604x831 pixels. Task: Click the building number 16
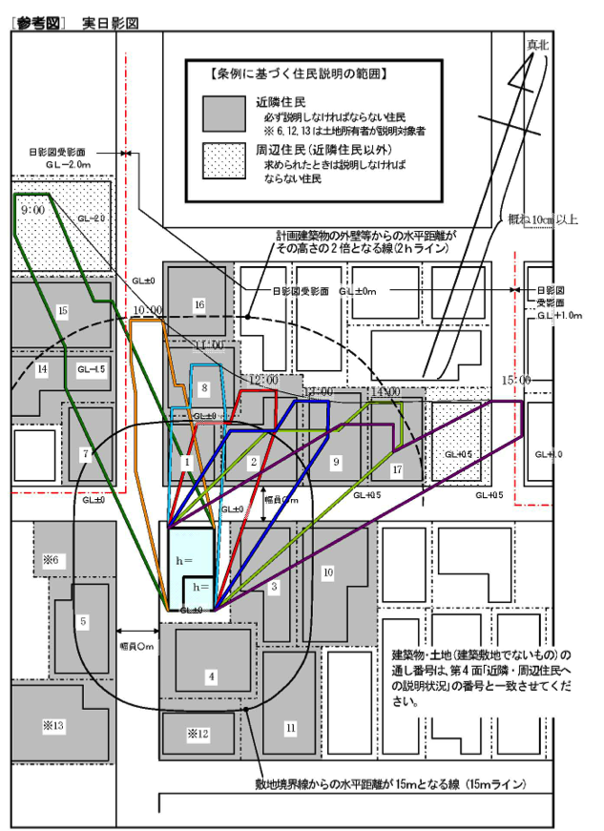pos(198,304)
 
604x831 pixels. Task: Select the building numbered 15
pos(62,310)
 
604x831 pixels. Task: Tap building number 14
pos(42,368)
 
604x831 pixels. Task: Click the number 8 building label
pos(204,388)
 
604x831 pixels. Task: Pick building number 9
pos(335,461)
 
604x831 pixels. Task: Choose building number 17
pos(397,469)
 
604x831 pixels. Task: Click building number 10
pos(327,572)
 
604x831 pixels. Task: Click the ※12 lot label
pos(198,734)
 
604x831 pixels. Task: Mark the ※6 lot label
pos(51,559)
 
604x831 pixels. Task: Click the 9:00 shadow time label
pos(31,208)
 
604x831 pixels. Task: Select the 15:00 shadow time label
pos(516,380)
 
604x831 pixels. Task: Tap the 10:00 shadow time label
pos(149,311)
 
